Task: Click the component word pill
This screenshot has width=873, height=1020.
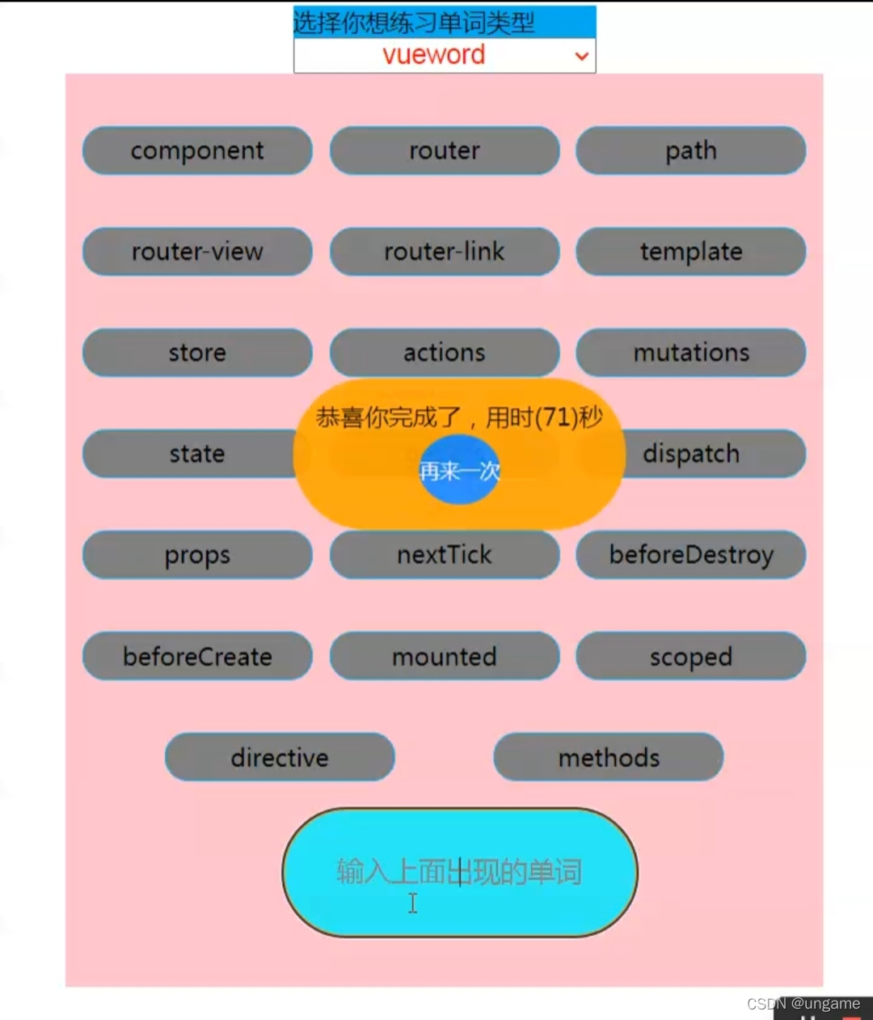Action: coord(197,151)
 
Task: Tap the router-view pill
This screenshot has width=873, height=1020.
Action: coord(197,252)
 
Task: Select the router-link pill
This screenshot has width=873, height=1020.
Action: coord(445,252)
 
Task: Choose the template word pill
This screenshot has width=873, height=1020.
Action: coord(691,252)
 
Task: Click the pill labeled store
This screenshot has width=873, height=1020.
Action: coord(197,353)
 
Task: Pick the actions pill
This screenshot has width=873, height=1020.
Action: coord(445,353)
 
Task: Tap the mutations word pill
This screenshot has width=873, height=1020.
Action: coord(691,353)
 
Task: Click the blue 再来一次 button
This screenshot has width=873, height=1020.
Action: coord(459,470)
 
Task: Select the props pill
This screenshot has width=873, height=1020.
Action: coord(197,555)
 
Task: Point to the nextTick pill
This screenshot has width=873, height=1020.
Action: coord(445,555)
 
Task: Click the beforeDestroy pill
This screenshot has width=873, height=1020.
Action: coord(691,555)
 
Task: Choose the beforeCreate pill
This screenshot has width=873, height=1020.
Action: coord(197,656)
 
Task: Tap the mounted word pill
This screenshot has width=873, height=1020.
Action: coord(445,656)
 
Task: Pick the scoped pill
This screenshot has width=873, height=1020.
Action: coord(691,656)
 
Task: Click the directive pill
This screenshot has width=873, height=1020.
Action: coord(280,757)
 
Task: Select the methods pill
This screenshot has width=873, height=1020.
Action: coord(609,757)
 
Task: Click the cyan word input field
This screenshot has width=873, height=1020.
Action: coord(459,873)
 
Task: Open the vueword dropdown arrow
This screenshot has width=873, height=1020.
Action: coord(581,56)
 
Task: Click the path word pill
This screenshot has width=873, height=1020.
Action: coord(691,151)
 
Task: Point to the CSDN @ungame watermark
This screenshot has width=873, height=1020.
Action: coord(803,1004)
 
